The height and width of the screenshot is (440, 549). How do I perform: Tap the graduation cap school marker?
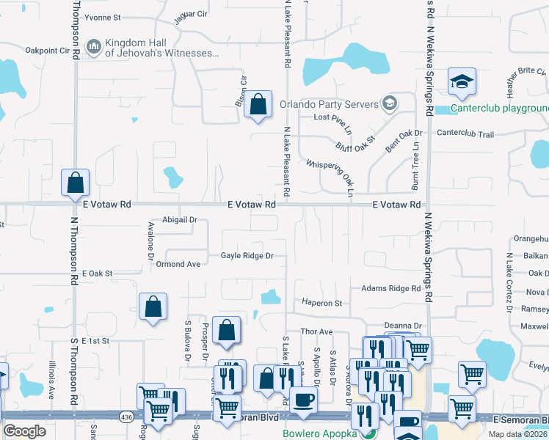click(x=462, y=81)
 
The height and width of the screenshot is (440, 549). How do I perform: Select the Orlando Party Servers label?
click(x=328, y=103)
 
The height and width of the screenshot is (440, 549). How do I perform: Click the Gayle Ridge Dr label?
click(x=247, y=256)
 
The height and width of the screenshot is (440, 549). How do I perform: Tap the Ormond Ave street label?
click(x=178, y=264)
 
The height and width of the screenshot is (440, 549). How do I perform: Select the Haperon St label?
click(x=322, y=302)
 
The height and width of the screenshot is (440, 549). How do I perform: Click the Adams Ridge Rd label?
click(x=390, y=289)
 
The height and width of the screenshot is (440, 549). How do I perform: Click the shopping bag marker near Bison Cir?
click(x=258, y=105)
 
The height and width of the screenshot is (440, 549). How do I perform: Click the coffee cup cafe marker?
click(x=302, y=400)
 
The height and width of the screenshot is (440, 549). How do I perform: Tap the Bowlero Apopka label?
click(x=320, y=433)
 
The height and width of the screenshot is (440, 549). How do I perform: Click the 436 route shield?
click(x=126, y=416)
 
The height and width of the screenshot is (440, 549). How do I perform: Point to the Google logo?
click(x=25, y=431)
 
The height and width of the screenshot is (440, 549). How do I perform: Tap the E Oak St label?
click(x=97, y=273)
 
